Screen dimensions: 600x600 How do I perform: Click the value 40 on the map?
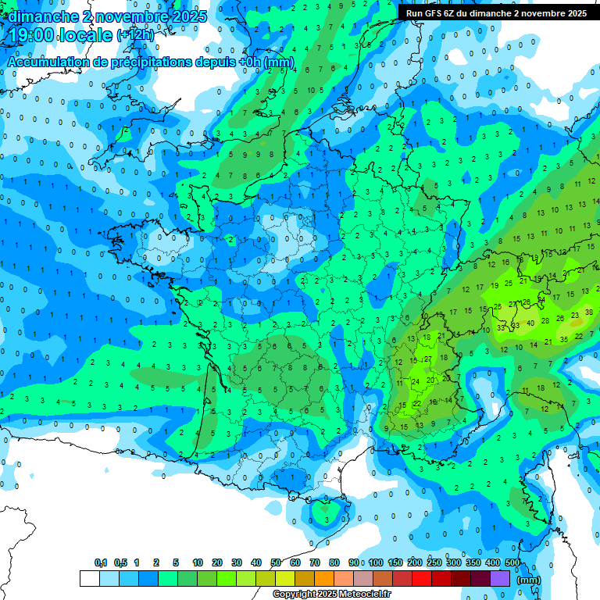[x=530, y=323]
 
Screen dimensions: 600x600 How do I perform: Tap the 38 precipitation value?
[x=588, y=311]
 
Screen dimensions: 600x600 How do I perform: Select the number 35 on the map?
[x=563, y=339]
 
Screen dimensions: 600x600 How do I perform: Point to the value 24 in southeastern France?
[x=415, y=381]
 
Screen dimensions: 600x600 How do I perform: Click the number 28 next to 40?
[x=546, y=320]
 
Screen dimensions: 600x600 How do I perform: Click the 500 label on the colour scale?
[x=512, y=562]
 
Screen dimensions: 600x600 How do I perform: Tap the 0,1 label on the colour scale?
[x=101, y=562]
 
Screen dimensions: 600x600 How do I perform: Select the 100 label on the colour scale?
[x=376, y=562]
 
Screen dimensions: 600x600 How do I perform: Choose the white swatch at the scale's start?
[x=89, y=578]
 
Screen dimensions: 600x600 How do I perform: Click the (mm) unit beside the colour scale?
[x=529, y=580]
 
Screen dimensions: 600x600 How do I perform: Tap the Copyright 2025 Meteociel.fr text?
[x=331, y=595]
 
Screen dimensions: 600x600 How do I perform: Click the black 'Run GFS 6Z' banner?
[x=496, y=13]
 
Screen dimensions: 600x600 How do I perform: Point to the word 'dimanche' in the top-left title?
[x=39, y=15]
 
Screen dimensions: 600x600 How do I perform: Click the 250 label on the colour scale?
[x=434, y=562]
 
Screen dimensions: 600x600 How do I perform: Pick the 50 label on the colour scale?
[x=276, y=562]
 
